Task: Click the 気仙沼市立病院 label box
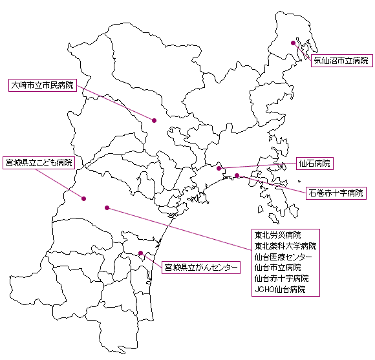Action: (x=342, y=61)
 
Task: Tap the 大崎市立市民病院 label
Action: (x=43, y=85)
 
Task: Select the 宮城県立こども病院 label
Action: (x=39, y=163)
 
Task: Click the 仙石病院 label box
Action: (x=315, y=164)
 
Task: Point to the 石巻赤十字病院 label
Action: (x=336, y=193)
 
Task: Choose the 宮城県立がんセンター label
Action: (x=201, y=267)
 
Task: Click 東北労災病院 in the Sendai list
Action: (x=277, y=235)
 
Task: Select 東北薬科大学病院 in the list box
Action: (x=285, y=246)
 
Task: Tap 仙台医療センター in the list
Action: (x=283, y=257)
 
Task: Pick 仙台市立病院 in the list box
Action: (x=277, y=268)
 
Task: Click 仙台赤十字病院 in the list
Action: (x=281, y=279)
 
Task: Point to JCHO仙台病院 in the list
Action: (x=280, y=290)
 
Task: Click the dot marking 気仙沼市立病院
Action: (x=293, y=43)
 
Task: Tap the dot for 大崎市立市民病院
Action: (x=155, y=120)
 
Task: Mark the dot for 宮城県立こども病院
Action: (x=83, y=198)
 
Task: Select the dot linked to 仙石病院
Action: (x=219, y=168)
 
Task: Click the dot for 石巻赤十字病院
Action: (x=237, y=175)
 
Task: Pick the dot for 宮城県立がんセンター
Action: (x=141, y=253)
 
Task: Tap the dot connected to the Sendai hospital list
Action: (x=107, y=207)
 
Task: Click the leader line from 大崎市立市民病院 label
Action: (x=116, y=103)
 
